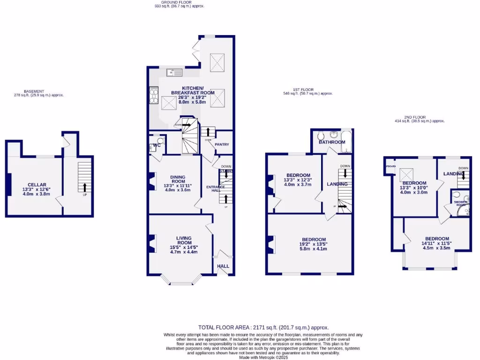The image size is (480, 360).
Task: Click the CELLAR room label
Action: tap(37, 185)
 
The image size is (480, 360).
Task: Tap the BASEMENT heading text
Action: tap(34, 91)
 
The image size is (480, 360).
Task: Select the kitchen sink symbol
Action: tap(174, 73)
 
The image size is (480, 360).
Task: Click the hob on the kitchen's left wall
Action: tap(153, 96)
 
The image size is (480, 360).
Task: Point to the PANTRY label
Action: tap(221, 144)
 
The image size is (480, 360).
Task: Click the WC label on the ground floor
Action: tap(157, 145)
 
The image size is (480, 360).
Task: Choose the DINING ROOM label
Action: tap(178, 180)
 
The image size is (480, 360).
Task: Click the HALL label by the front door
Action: tap(223, 266)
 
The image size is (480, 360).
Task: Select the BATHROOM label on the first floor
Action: tap(332, 142)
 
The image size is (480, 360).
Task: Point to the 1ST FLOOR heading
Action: tap(303, 90)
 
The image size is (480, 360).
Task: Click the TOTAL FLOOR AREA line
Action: tap(263, 328)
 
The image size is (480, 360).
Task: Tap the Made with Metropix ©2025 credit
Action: tap(263, 357)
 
